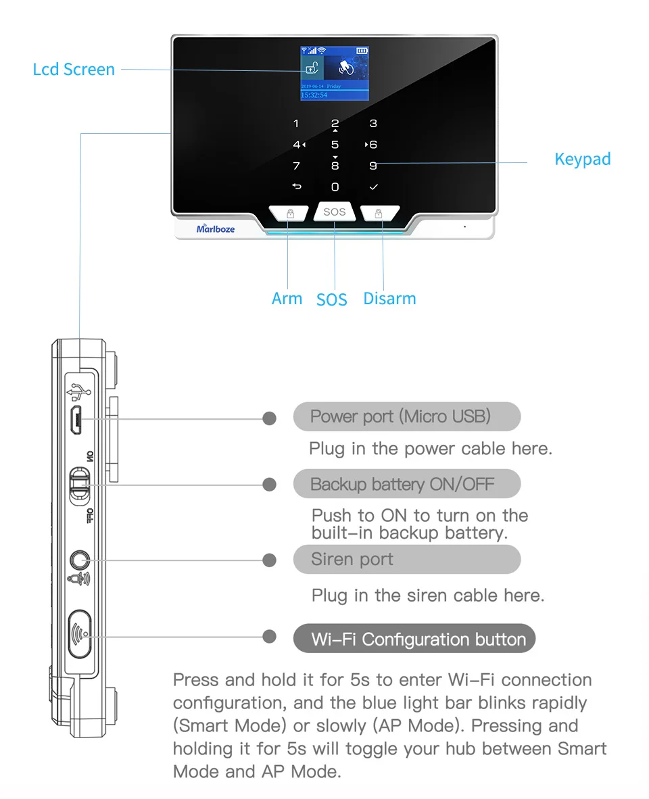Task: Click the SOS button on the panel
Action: coord(334,212)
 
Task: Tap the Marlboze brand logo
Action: coord(216,228)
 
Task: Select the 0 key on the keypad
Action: coord(335,187)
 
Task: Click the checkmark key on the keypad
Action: coord(373,187)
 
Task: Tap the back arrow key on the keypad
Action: coord(296,187)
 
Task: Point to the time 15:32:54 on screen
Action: coord(314,95)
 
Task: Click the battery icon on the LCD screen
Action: coord(362,51)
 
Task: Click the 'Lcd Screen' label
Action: coord(74,69)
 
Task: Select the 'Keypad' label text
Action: coord(582,159)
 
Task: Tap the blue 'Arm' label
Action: coord(287,298)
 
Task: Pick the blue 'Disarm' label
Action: coord(389,298)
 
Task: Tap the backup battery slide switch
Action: coord(80,484)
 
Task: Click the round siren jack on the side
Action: coord(80,560)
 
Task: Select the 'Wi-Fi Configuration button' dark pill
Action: coord(414,639)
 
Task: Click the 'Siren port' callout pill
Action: coord(406,559)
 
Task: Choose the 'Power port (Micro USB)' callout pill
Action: coord(406,416)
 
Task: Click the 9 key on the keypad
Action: coord(373,166)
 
